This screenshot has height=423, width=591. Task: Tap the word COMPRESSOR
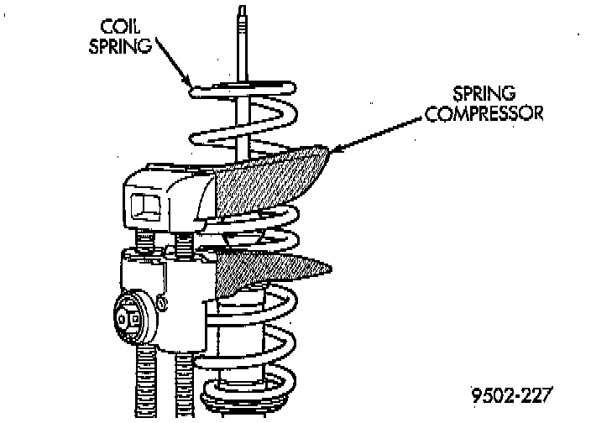[484, 113]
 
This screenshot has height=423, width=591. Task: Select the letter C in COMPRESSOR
[431, 113]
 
